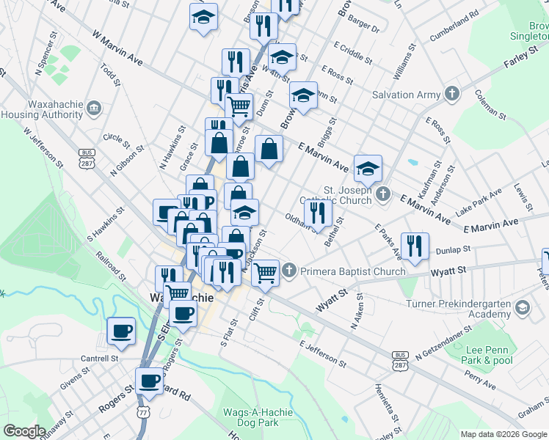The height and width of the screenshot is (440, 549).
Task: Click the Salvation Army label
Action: point(406,95)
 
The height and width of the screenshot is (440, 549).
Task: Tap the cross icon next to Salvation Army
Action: point(451,94)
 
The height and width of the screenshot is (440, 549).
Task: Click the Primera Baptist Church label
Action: point(352,271)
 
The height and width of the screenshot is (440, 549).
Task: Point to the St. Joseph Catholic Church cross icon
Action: point(382,195)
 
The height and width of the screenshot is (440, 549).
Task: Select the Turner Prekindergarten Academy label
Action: point(459,309)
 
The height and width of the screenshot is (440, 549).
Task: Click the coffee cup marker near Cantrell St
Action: point(120,330)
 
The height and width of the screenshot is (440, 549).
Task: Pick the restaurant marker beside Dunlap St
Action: point(415,246)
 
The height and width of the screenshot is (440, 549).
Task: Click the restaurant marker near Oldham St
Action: point(319,212)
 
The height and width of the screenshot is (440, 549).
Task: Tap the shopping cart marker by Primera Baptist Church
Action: point(266,273)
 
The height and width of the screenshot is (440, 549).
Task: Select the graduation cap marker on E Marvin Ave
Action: point(368,168)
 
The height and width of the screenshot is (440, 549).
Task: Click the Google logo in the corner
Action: point(24,431)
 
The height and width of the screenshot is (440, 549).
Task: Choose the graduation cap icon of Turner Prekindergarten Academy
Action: point(522,306)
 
